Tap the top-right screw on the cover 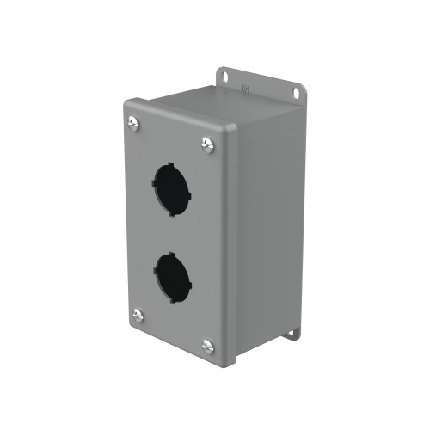[x=207, y=144]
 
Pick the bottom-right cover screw [x=207, y=346]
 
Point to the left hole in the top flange [x=226, y=77]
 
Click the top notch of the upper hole [x=172, y=161]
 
